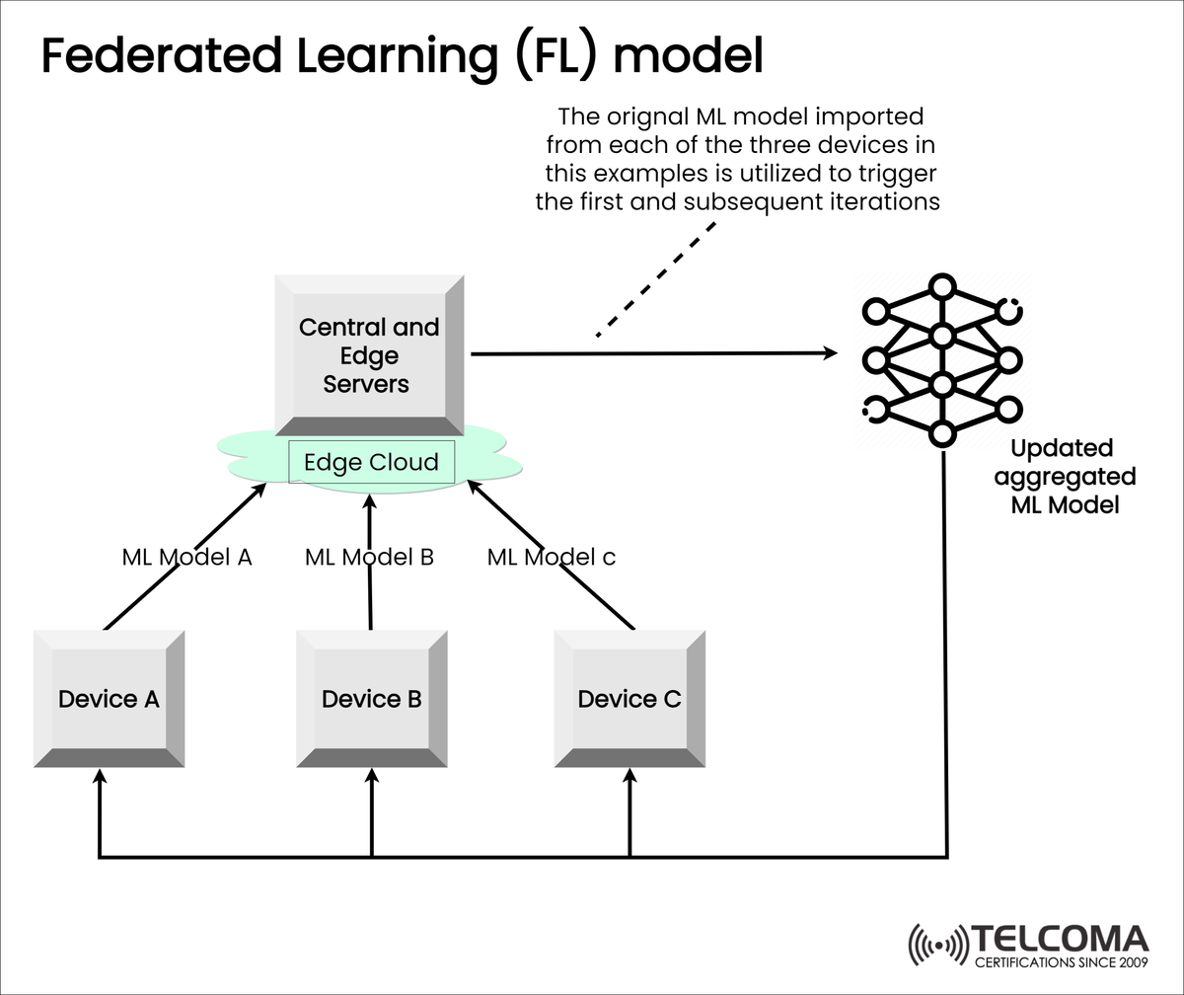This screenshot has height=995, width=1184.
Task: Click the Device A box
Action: [109, 699]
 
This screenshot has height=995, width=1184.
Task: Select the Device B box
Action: [372, 699]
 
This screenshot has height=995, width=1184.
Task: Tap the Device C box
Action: [629, 699]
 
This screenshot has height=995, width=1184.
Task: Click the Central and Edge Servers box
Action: [369, 355]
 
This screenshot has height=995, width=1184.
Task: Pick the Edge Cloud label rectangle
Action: [371, 462]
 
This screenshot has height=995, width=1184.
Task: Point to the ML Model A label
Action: [186, 557]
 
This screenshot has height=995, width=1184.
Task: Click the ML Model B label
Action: [369, 557]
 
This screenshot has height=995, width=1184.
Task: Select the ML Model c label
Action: [551, 557]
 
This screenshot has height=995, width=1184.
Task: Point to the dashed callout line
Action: [655, 279]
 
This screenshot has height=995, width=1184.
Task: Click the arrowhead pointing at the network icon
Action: [829, 352]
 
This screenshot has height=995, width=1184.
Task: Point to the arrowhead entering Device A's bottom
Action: [99, 778]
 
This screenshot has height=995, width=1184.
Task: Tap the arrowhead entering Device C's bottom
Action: [629, 778]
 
